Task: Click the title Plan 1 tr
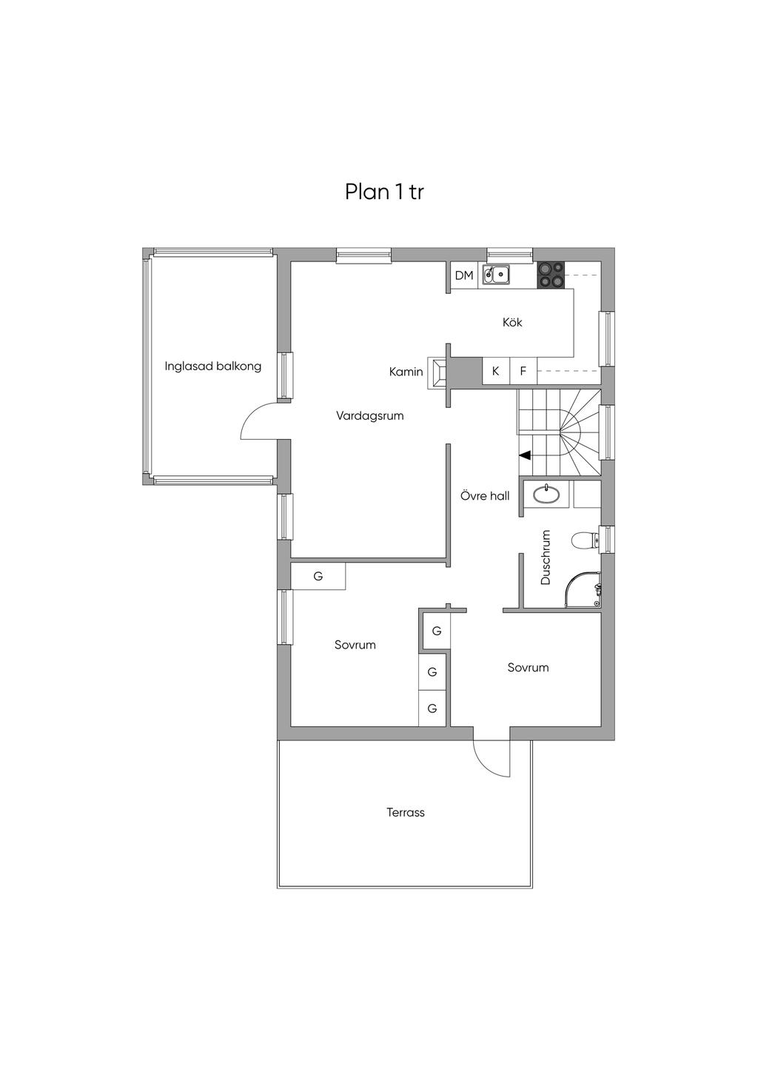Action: (x=383, y=192)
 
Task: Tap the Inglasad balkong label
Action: (x=212, y=366)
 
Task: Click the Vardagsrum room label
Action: (x=369, y=415)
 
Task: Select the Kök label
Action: (x=512, y=322)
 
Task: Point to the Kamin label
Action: (x=406, y=372)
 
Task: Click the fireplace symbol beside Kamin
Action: (x=438, y=372)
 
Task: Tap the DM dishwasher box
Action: (x=464, y=275)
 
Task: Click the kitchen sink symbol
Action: (x=496, y=275)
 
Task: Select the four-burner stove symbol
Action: (x=551, y=275)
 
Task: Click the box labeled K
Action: (x=495, y=372)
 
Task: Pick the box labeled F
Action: (x=523, y=372)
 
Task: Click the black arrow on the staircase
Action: (x=524, y=455)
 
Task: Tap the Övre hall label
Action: (x=485, y=496)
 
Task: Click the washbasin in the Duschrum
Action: (x=546, y=494)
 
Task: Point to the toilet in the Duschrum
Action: (x=584, y=540)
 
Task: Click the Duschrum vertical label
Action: (x=546, y=557)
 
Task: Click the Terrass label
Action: (x=405, y=812)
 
